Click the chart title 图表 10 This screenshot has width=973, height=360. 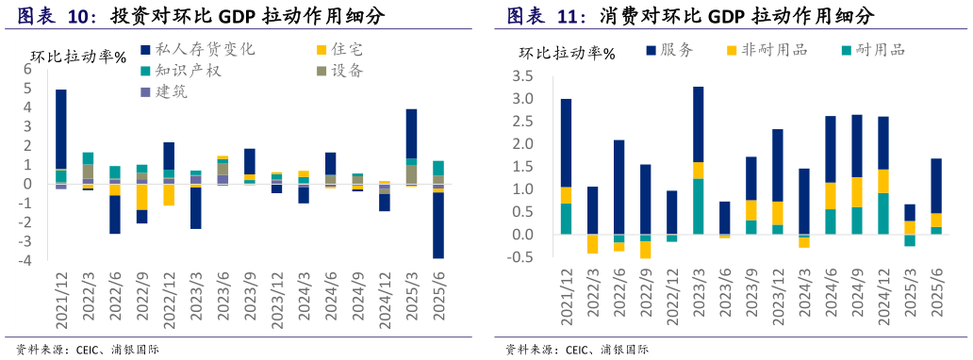58,16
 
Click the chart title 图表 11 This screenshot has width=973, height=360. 546,16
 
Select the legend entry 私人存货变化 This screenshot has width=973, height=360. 197,49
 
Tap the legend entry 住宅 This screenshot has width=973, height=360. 340,49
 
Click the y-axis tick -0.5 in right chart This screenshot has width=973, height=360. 521,257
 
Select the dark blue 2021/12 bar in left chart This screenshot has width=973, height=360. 60,129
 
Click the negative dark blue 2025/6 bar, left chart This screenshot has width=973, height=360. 438,224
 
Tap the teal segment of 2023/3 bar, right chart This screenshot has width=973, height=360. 698,205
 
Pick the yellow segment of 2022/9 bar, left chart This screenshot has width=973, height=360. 141,196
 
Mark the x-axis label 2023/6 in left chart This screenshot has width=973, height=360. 223,300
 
